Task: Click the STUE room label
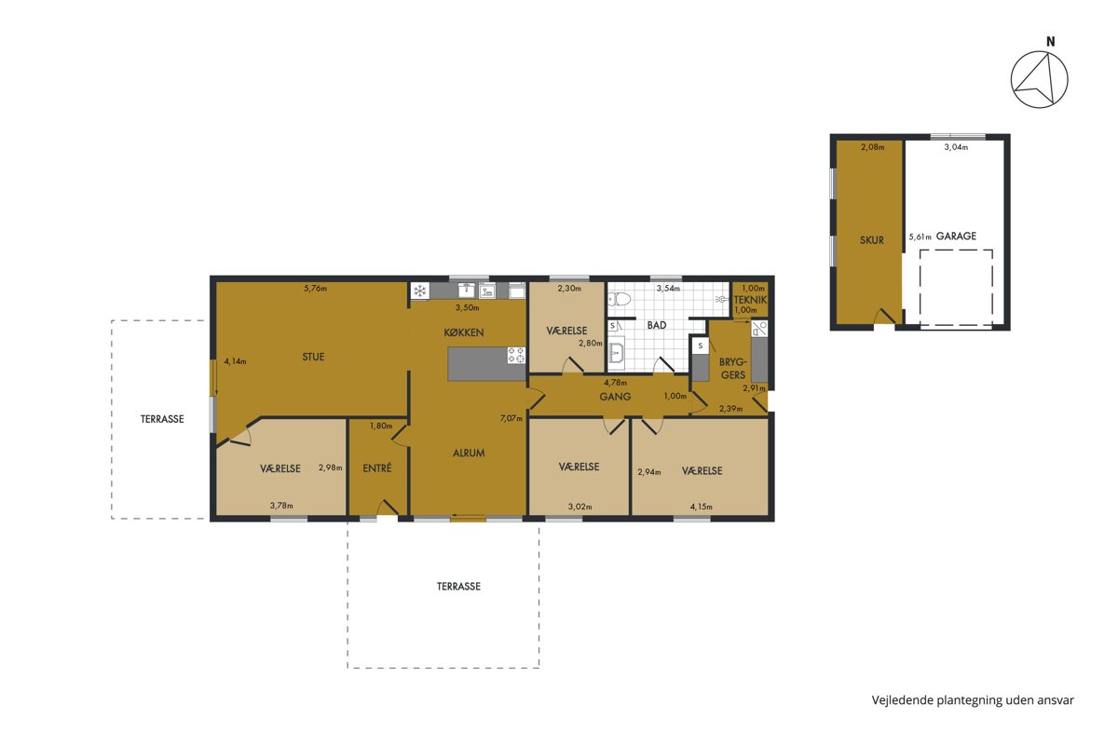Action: click(x=313, y=357)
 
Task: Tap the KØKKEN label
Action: click(x=464, y=332)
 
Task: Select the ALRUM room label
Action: click(x=469, y=454)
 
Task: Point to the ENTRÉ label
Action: click(x=377, y=468)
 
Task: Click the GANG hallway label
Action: click(x=615, y=397)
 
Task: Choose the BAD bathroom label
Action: click(x=657, y=325)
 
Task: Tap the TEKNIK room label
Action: click(x=750, y=300)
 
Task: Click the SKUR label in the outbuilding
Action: click(x=871, y=240)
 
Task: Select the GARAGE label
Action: click(x=956, y=236)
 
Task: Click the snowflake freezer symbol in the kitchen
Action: click(x=420, y=291)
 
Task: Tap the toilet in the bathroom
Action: click(x=619, y=299)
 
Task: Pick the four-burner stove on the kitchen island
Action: click(x=516, y=355)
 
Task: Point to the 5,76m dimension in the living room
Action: click(x=316, y=288)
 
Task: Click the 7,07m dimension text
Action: click(x=511, y=418)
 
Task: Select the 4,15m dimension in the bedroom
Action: click(x=702, y=507)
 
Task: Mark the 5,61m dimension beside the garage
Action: click(x=920, y=237)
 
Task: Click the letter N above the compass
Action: click(x=1051, y=42)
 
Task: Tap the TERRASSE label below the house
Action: click(x=458, y=587)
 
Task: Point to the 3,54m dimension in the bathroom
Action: click(x=668, y=288)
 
